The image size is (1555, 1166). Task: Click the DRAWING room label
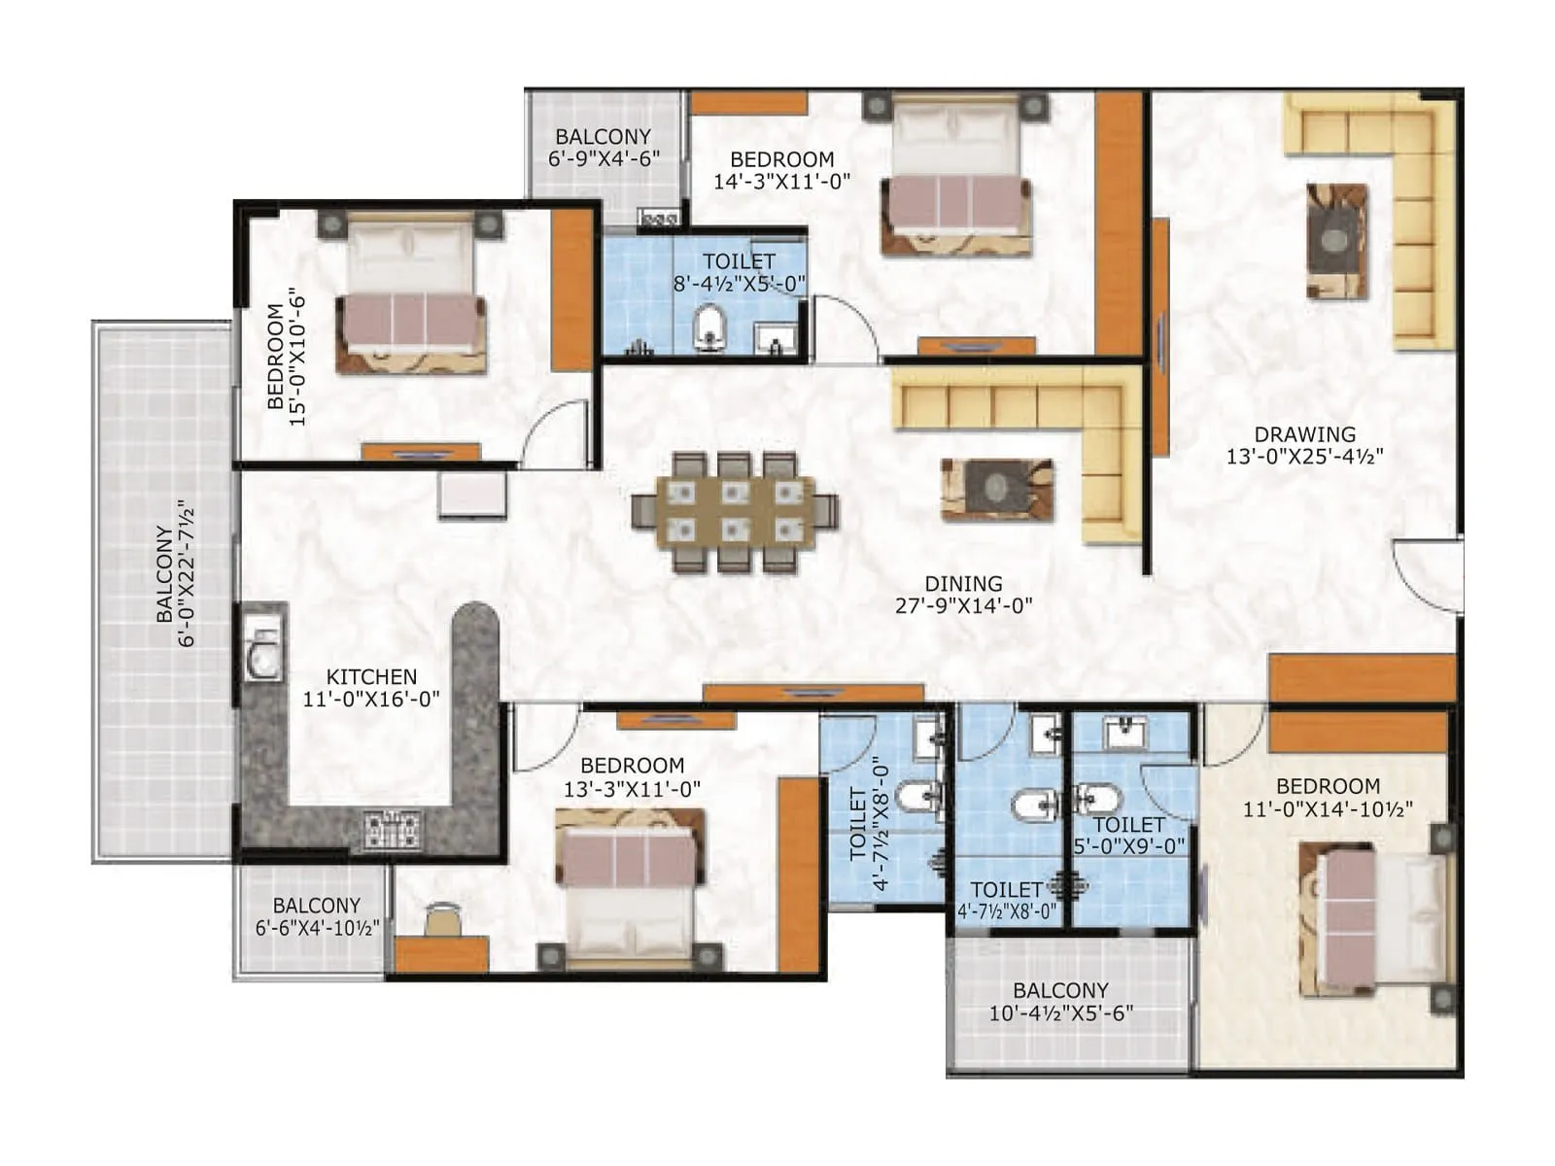click(x=1304, y=435)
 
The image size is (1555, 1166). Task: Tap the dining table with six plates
click(x=735, y=511)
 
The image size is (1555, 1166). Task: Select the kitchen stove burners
click(x=393, y=828)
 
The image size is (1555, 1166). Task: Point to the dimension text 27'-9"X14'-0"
click(x=963, y=605)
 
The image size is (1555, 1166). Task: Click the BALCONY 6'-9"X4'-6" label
click(x=604, y=137)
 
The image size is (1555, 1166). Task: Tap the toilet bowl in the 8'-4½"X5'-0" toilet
click(x=710, y=326)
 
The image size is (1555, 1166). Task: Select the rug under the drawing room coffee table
click(x=1336, y=241)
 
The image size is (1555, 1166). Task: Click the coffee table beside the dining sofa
click(x=996, y=489)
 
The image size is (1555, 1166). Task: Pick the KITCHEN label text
click(x=371, y=676)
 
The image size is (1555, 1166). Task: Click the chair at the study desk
click(x=443, y=918)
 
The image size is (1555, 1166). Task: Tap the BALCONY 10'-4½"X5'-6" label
click(x=1060, y=990)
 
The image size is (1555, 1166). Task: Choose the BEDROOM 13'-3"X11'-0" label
click(x=632, y=766)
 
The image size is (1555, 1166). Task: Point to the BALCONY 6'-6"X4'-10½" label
click(x=317, y=906)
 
